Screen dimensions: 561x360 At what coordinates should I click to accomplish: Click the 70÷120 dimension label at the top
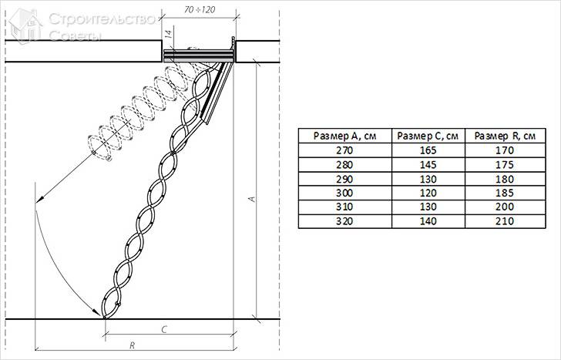pos(200,9)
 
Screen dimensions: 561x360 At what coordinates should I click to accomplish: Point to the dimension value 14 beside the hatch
pos(169,34)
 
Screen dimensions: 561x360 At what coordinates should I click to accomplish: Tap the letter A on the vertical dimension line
pos(253,198)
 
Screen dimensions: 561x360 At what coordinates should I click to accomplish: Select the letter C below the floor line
pos(164,329)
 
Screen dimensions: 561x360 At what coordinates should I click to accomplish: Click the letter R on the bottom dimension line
pos(133,345)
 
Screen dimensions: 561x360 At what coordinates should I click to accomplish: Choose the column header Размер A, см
pos(345,136)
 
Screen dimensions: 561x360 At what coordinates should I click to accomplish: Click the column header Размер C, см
pos(428,136)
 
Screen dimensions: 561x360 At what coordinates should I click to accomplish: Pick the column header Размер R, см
pos(505,136)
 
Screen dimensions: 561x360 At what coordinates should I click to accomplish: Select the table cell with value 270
pos(344,150)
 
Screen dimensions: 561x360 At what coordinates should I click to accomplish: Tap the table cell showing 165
pos(428,150)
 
